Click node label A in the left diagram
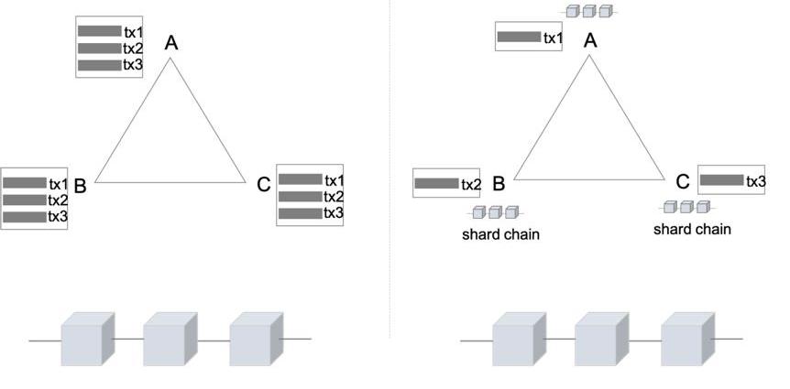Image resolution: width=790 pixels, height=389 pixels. pyautogui.click(x=170, y=43)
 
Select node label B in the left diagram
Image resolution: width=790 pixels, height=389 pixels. pyautogui.click(x=80, y=187)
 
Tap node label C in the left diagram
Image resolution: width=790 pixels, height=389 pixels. pyautogui.click(x=264, y=186)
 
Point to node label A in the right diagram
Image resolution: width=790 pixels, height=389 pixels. pyautogui.click(x=590, y=40)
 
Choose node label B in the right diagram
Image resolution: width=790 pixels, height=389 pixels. pyautogui.click(x=499, y=184)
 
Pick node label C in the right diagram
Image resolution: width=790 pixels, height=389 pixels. pyautogui.click(x=683, y=182)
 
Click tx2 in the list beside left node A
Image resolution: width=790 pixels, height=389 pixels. pyautogui.click(x=133, y=49)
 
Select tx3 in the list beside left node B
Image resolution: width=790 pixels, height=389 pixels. pyautogui.click(x=58, y=217)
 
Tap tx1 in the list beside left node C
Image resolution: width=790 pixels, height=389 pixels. pyautogui.click(x=334, y=180)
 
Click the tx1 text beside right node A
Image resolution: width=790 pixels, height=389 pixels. pyautogui.click(x=553, y=38)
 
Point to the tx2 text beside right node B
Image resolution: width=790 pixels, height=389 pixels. pyautogui.click(x=471, y=185)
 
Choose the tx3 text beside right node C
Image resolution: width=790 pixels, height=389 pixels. pyautogui.click(x=755, y=181)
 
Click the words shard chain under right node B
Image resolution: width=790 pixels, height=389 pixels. pyautogui.click(x=500, y=234)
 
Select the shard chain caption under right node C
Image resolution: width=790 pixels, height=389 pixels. pyautogui.click(x=692, y=229)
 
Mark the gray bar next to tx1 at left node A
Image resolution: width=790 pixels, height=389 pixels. pyautogui.click(x=100, y=31)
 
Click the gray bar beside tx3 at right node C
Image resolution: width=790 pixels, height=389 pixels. pyautogui.click(x=721, y=180)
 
